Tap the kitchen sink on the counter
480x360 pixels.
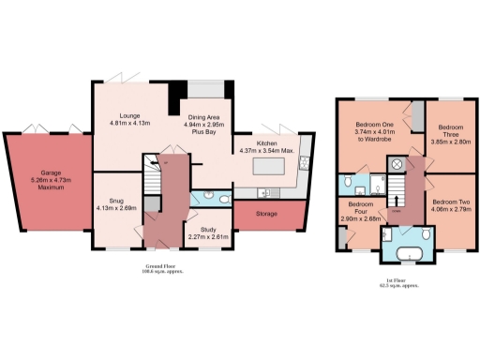click(266, 193)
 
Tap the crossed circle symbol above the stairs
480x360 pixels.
click(397, 163)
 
